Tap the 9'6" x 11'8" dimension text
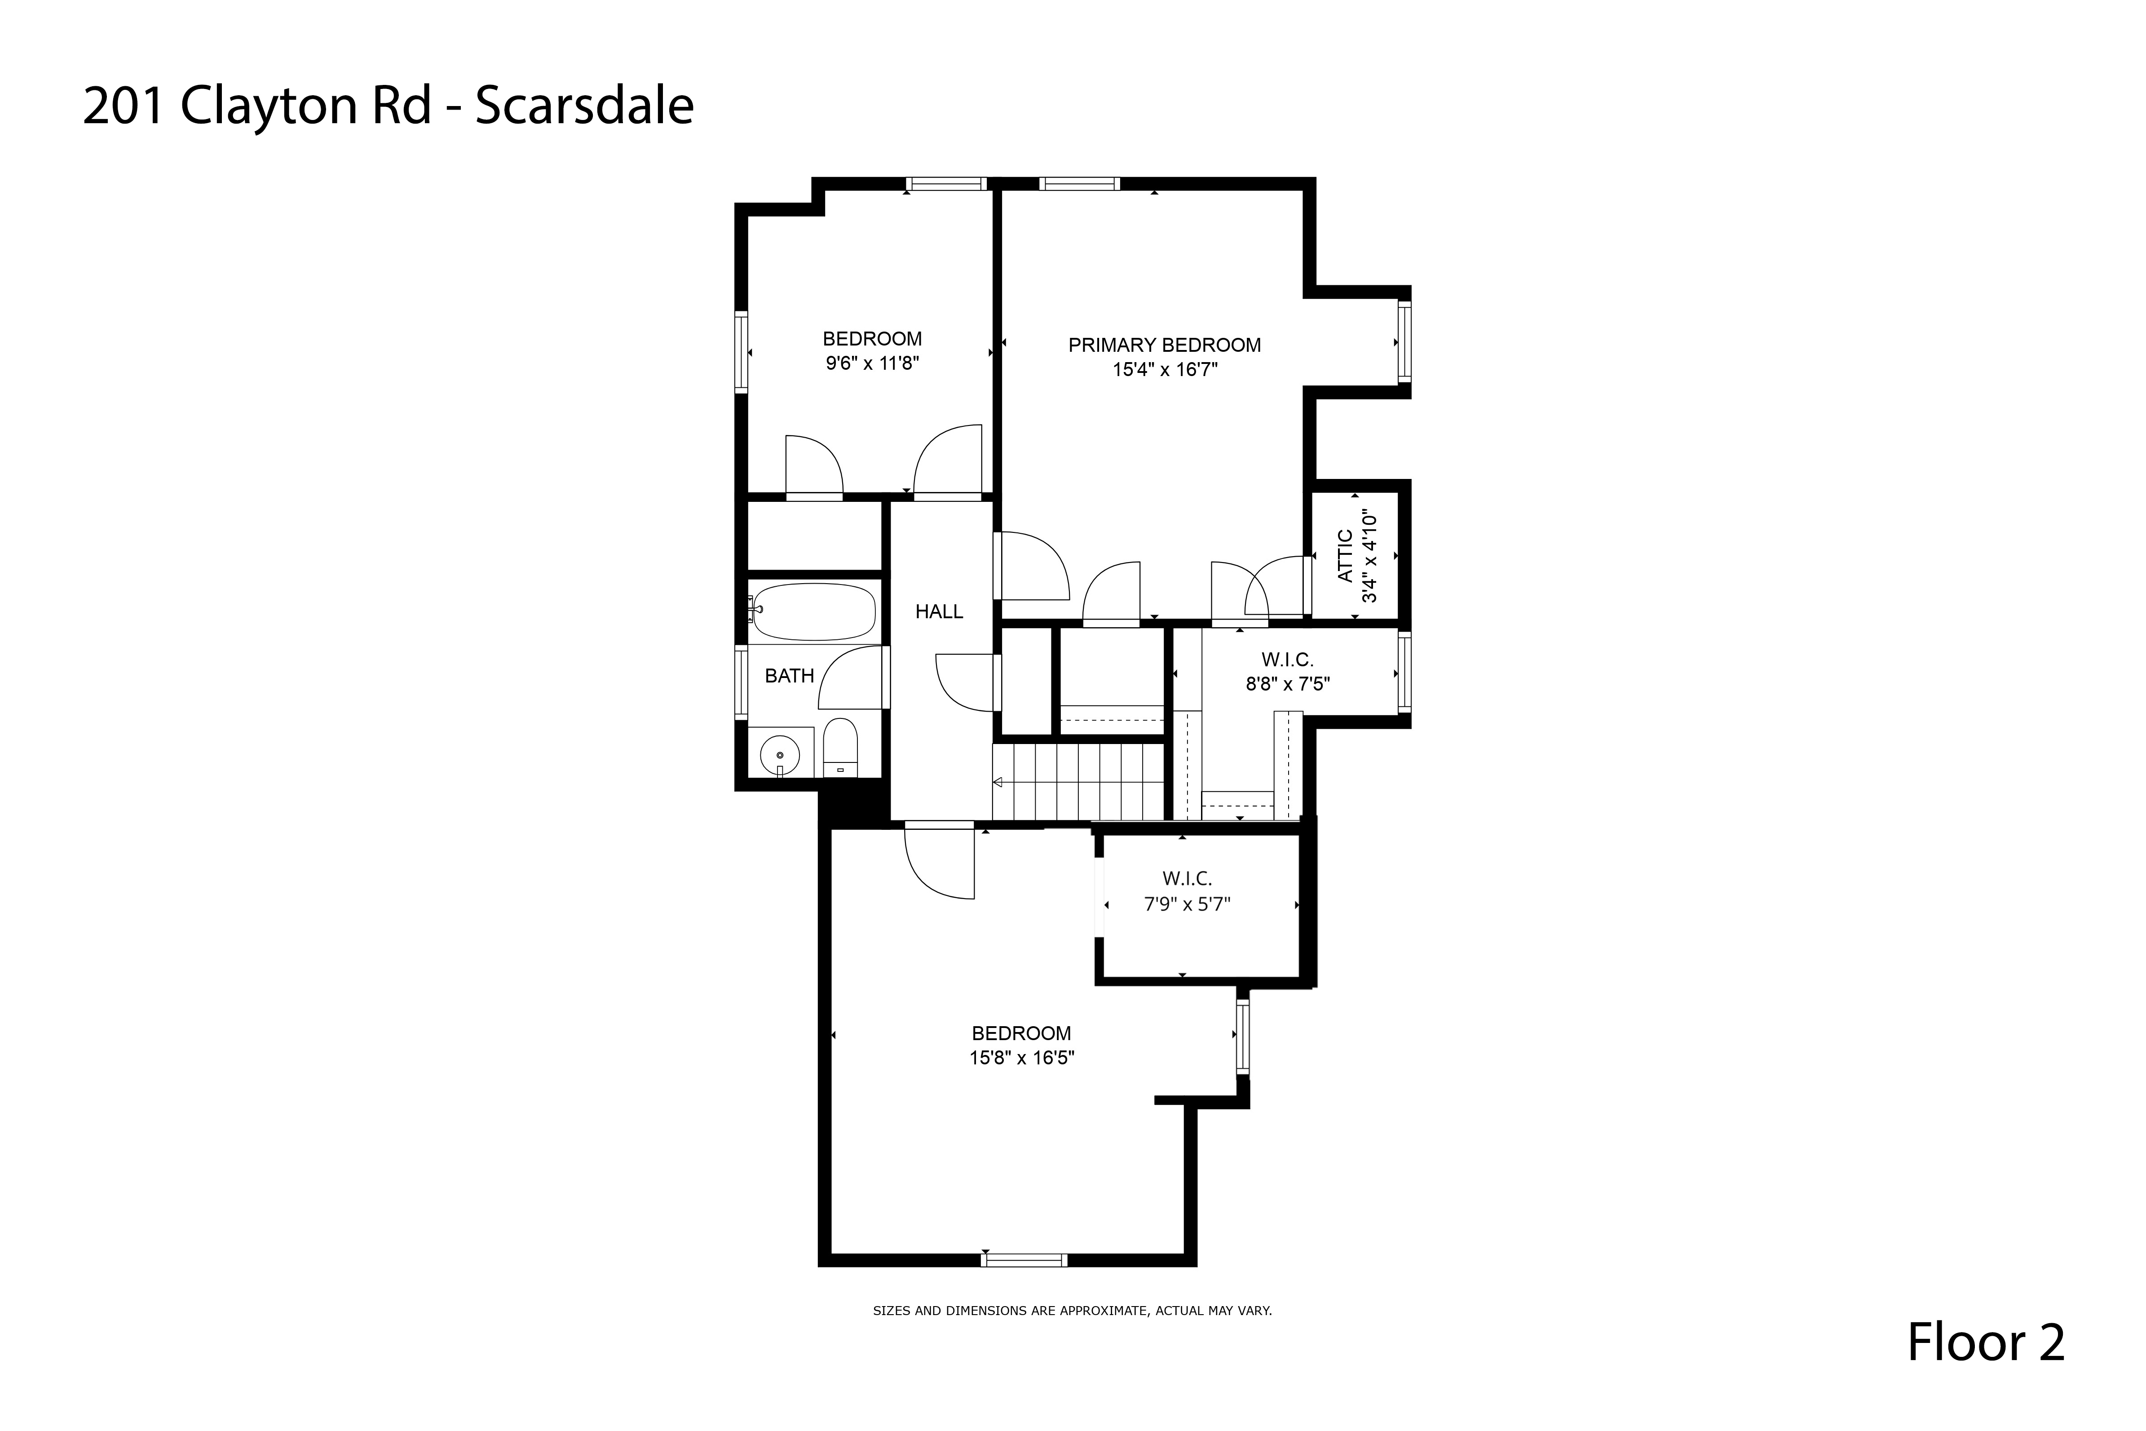872,363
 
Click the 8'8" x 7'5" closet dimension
1287,683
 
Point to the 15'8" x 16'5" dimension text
1022,1058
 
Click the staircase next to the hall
1079,782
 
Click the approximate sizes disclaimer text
1072,1311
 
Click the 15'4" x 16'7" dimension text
1165,370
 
